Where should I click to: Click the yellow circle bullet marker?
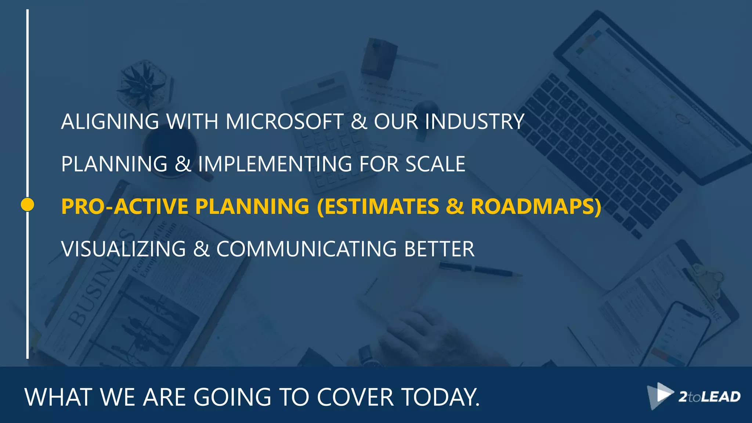click(28, 205)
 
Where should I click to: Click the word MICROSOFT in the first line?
click(285, 122)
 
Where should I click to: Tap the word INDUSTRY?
click(474, 122)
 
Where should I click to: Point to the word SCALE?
click(435, 164)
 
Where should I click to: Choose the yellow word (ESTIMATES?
click(378, 206)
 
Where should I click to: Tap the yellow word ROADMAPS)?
click(536, 206)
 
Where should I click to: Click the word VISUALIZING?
click(124, 249)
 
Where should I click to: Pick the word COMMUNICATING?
click(307, 249)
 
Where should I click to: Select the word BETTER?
click(439, 249)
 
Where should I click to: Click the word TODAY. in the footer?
click(441, 397)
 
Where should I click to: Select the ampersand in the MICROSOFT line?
click(359, 122)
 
